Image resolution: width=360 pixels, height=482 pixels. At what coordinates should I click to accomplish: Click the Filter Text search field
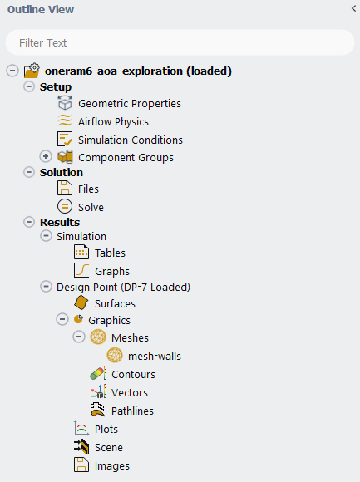click(180, 42)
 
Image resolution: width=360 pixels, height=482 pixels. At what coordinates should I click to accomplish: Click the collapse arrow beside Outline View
click(353, 8)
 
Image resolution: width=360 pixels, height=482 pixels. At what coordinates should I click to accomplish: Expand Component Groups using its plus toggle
click(46, 156)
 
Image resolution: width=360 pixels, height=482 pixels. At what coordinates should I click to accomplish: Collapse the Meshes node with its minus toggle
click(79, 337)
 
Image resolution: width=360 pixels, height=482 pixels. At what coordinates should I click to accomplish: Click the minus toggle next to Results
click(29, 222)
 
